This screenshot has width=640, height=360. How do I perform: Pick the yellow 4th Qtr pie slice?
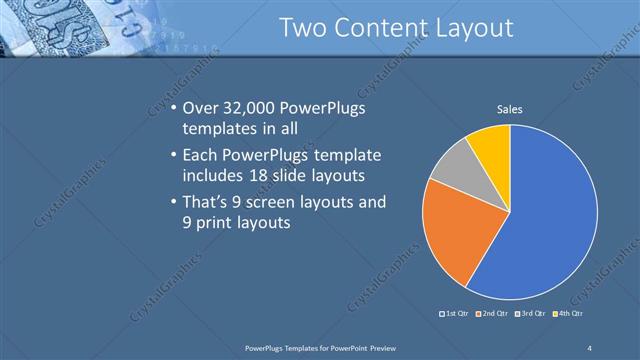coord(490,145)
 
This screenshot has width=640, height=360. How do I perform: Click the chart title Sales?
coord(510,109)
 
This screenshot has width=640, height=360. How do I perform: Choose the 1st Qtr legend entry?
coord(458,315)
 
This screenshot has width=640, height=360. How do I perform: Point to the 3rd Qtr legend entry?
coord(531,315)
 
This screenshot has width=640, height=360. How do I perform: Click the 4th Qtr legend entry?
coord(567,315)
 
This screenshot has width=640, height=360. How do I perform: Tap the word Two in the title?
coord(302,28)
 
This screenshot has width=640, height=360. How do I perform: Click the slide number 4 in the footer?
coord(590,347)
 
